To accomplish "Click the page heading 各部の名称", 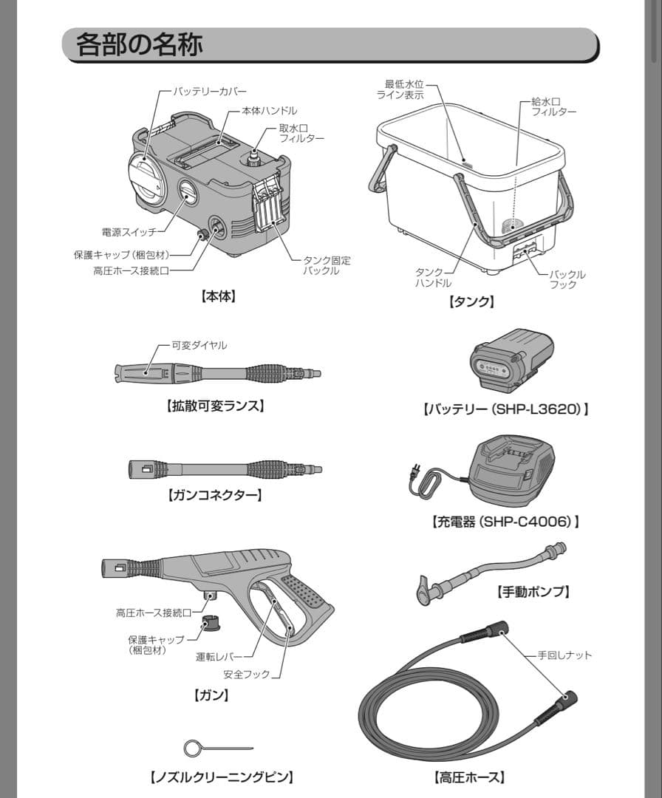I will click(139, 45).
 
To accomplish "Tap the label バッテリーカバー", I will click(210, 92).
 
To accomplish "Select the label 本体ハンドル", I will click(270, 111).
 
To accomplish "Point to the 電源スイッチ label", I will click(129, 232).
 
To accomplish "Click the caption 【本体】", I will click(218, 296).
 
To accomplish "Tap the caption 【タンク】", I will click(471, 301).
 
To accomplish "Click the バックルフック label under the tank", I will click(567, 279).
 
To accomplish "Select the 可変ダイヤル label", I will click(199, 345).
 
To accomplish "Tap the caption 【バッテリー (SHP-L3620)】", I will click(505, 409).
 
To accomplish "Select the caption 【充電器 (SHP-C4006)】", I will click(505, 522).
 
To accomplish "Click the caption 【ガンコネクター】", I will click(215, 495).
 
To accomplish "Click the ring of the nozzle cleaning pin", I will click(193, 748).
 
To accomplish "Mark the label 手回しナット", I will click(564, 655).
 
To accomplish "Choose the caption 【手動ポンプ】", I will click(532, 591).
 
